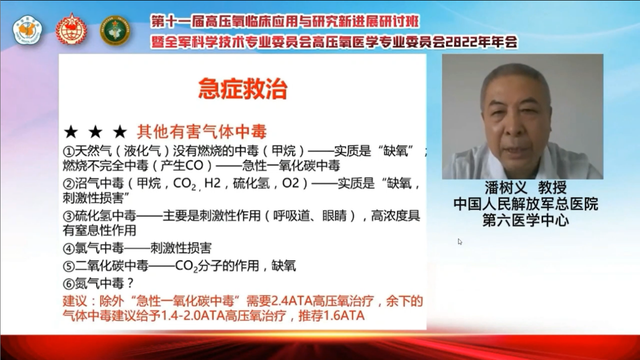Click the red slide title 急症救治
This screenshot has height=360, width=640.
pos(243,89)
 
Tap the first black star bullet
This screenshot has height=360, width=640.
pos(71,132)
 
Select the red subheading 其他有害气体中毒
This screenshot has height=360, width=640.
pos(202,132)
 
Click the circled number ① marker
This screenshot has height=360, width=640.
pos(69,151)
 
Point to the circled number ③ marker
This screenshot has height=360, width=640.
pos(69,216)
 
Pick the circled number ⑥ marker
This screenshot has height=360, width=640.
pos(69,284)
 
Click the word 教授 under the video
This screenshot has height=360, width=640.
pos(552,188)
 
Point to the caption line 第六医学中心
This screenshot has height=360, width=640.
pos(526,221)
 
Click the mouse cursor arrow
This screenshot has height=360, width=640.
pos(460,242)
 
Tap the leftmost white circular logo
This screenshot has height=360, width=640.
pos(27,30)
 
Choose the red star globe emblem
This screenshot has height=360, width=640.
pos(71,29)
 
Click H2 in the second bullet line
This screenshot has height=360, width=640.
pos(212,183)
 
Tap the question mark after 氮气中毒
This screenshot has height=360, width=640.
pos(130,284)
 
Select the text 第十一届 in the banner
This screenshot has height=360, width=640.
pos(178,22)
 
